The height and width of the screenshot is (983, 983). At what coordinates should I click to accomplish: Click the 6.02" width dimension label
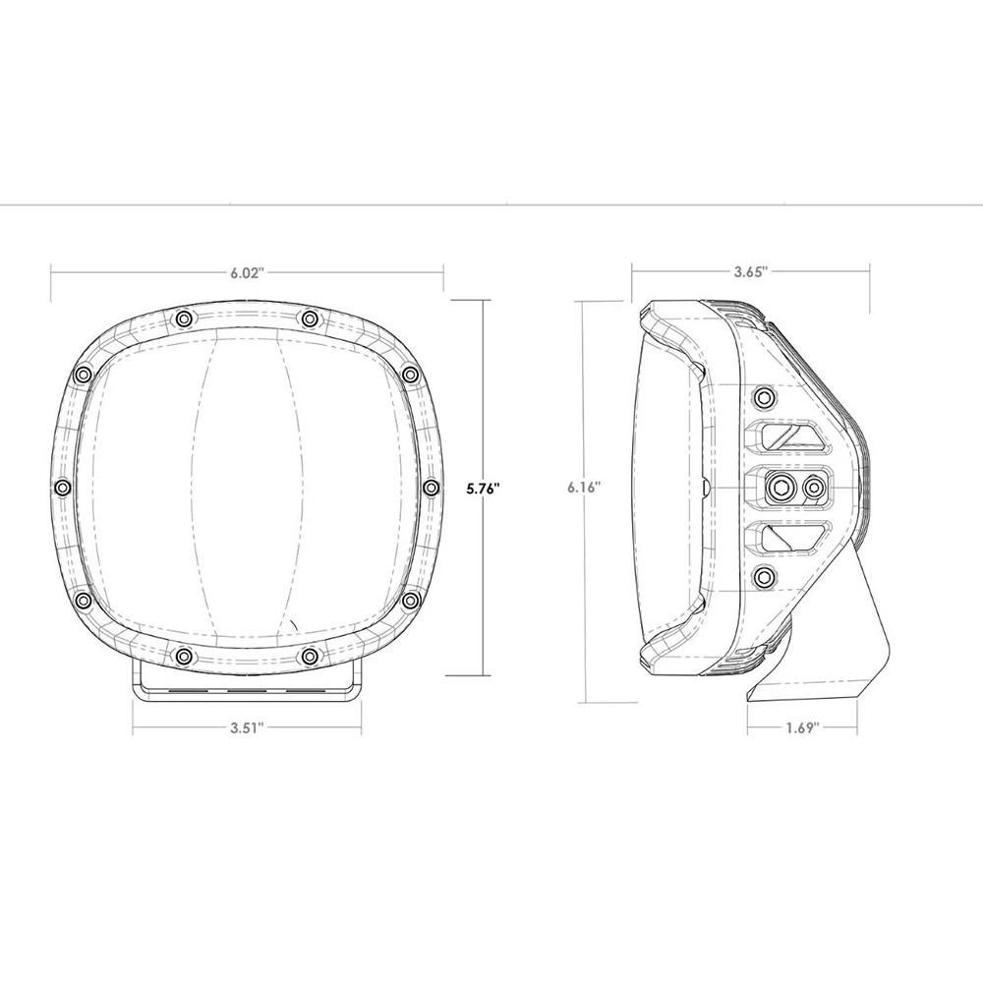click(248, 273)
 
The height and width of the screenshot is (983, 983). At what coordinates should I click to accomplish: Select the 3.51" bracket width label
click(248, 727)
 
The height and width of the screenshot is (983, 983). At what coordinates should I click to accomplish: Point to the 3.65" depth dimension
click(750, 268)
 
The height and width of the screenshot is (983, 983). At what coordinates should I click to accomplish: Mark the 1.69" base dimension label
click(802, 727)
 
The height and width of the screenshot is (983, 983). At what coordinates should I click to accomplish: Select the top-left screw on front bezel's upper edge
click(184, 318)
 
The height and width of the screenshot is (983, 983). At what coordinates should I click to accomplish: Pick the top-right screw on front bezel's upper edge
click(310, 318)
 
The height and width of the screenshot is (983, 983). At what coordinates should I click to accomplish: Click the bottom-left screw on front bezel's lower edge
click(184, 655)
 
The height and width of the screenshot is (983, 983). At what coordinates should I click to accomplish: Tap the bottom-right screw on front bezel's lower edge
click(310, 655)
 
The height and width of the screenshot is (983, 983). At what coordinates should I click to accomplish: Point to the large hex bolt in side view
click(784, 487)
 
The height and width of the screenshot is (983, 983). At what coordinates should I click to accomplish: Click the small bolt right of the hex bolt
click(813, 487)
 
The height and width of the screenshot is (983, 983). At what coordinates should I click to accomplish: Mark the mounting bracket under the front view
click(248, 682)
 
